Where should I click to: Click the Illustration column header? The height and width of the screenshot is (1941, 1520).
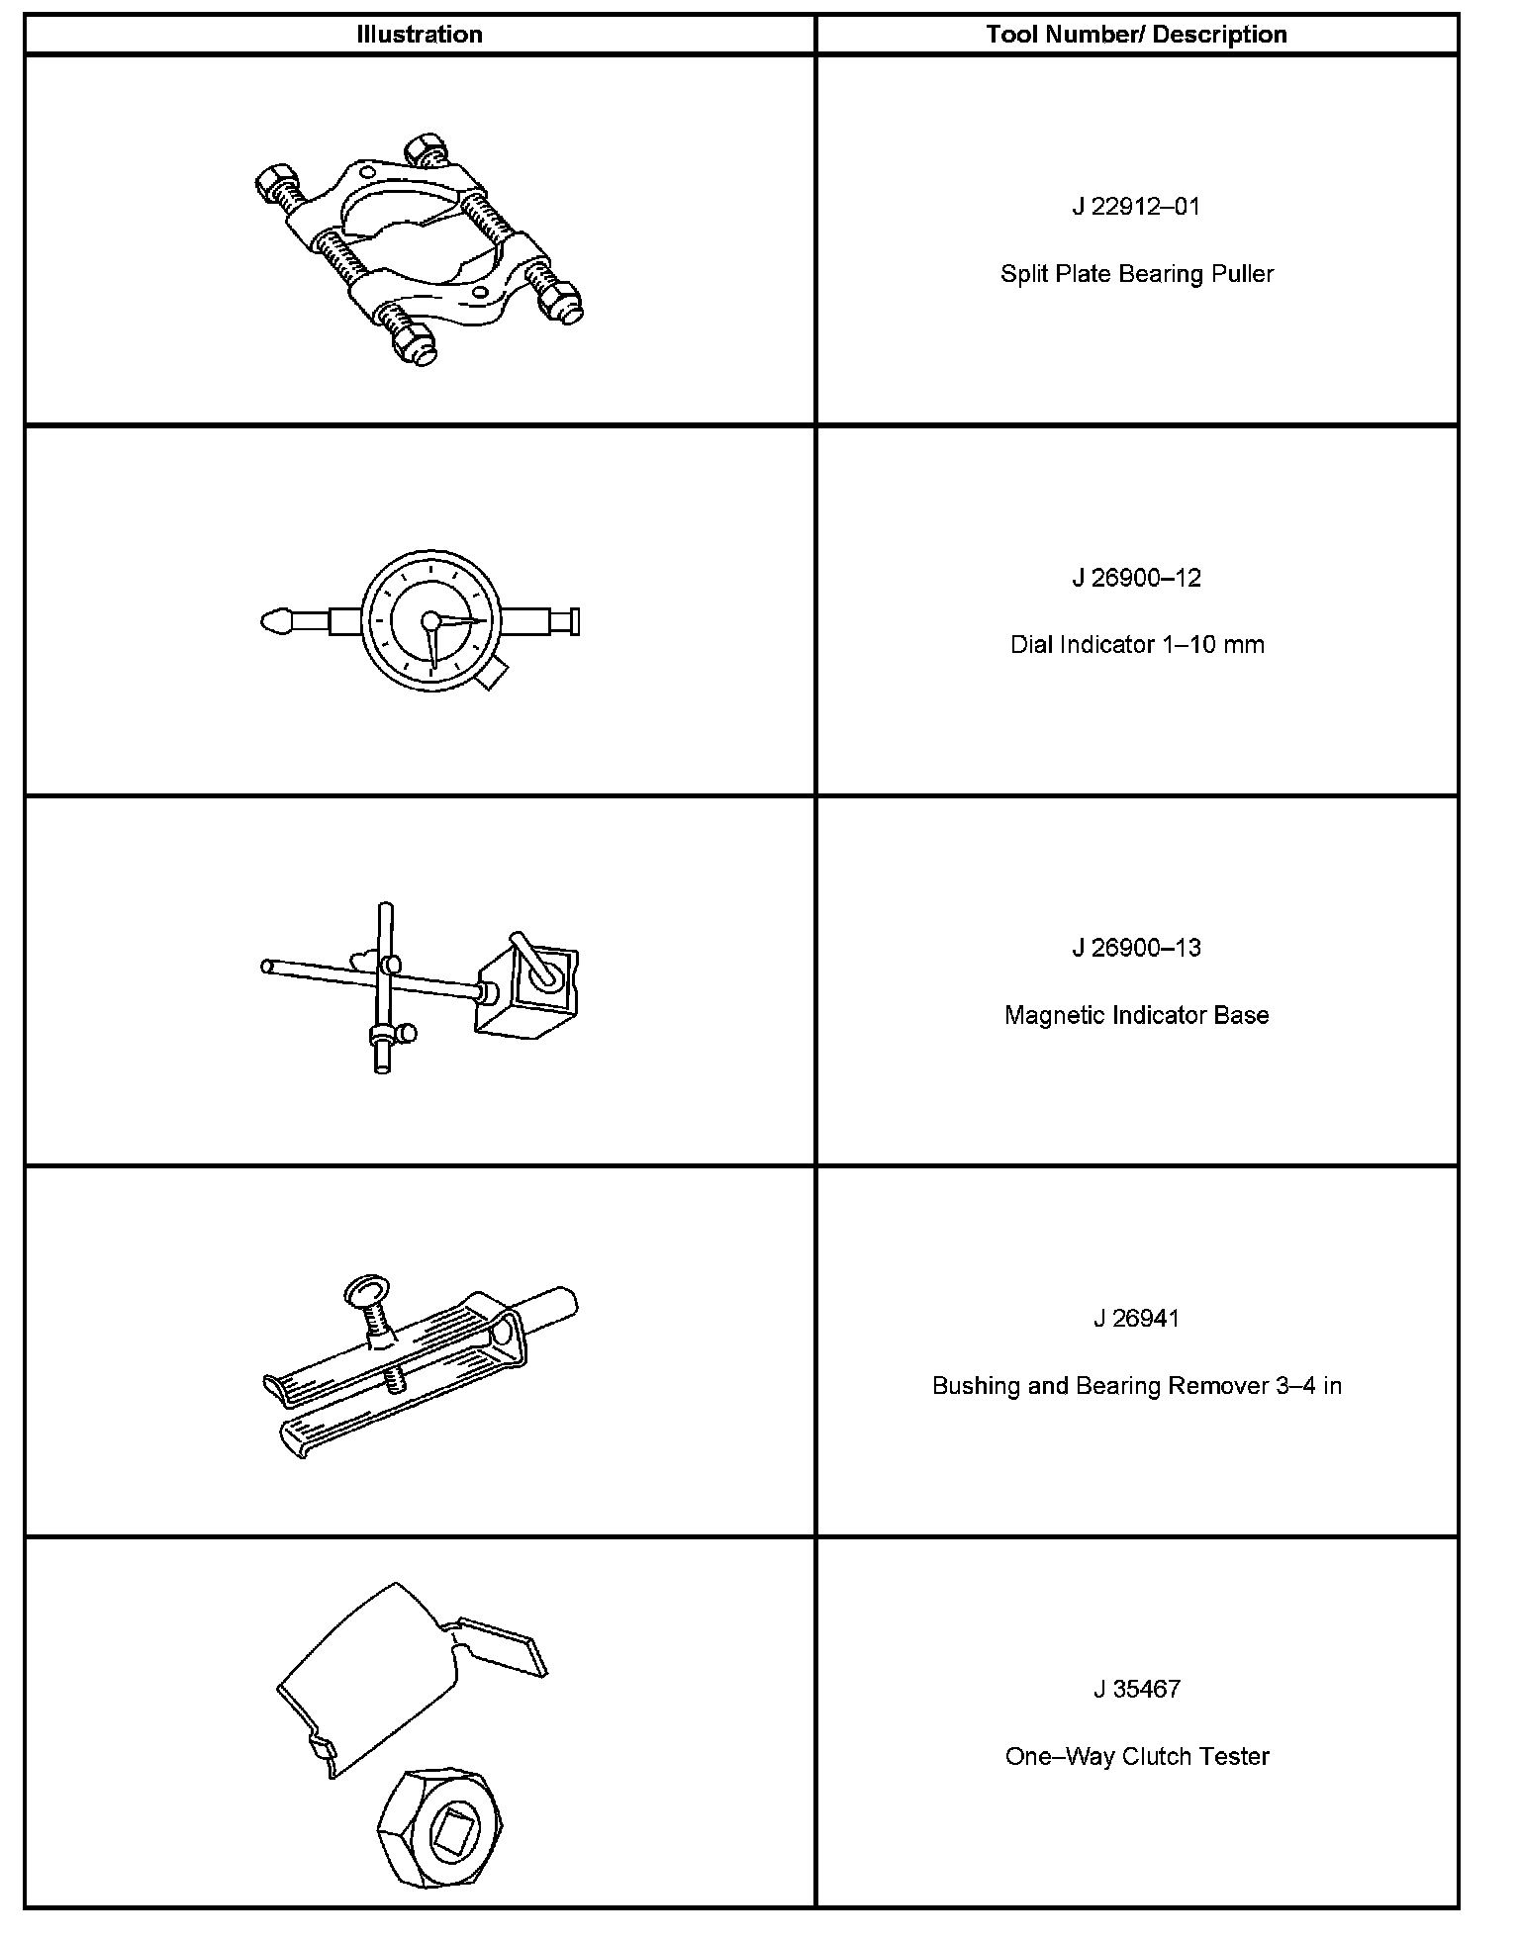pyautogui.click(x=420, y=35)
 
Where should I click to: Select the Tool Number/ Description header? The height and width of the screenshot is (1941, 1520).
pyautogui.click(x=1136, y=35)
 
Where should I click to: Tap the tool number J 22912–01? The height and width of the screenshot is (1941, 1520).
pyautogui.click(x=1136, y=207)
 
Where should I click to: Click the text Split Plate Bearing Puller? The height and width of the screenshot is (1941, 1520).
pyautogui.click(x=1136, y=274)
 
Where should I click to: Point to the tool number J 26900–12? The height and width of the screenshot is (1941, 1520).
pyautogui.click(x=1136, y=578)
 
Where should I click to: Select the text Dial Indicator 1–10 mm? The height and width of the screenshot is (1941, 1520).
pyautogui.click(x=1136, y=645)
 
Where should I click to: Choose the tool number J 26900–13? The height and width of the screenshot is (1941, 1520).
pyautogui.click(x=1136, y=948)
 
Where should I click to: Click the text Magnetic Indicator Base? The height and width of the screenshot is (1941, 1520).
pyautogui.click(x=1136, y=1015)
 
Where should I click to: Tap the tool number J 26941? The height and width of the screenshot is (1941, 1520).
pyautogui.click(x=1136, y=1319)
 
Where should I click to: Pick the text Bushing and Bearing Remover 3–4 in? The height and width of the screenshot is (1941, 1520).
pyautogui.click(x=1136, y=1386)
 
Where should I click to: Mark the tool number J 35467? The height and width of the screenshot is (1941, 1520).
pyautogui.click(x=1136, y=1689)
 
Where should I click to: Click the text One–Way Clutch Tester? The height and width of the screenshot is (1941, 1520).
pyautogui.click(x=1136, y=1756)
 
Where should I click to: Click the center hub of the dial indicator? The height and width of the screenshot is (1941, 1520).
pyautogui.click(x=430, y=621)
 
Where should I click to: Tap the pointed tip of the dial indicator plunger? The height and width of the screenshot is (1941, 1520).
pyautogui.click(x=269, y=622)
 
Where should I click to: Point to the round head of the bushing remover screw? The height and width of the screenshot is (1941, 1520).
pyautogui.click(x=363, y=1294)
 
